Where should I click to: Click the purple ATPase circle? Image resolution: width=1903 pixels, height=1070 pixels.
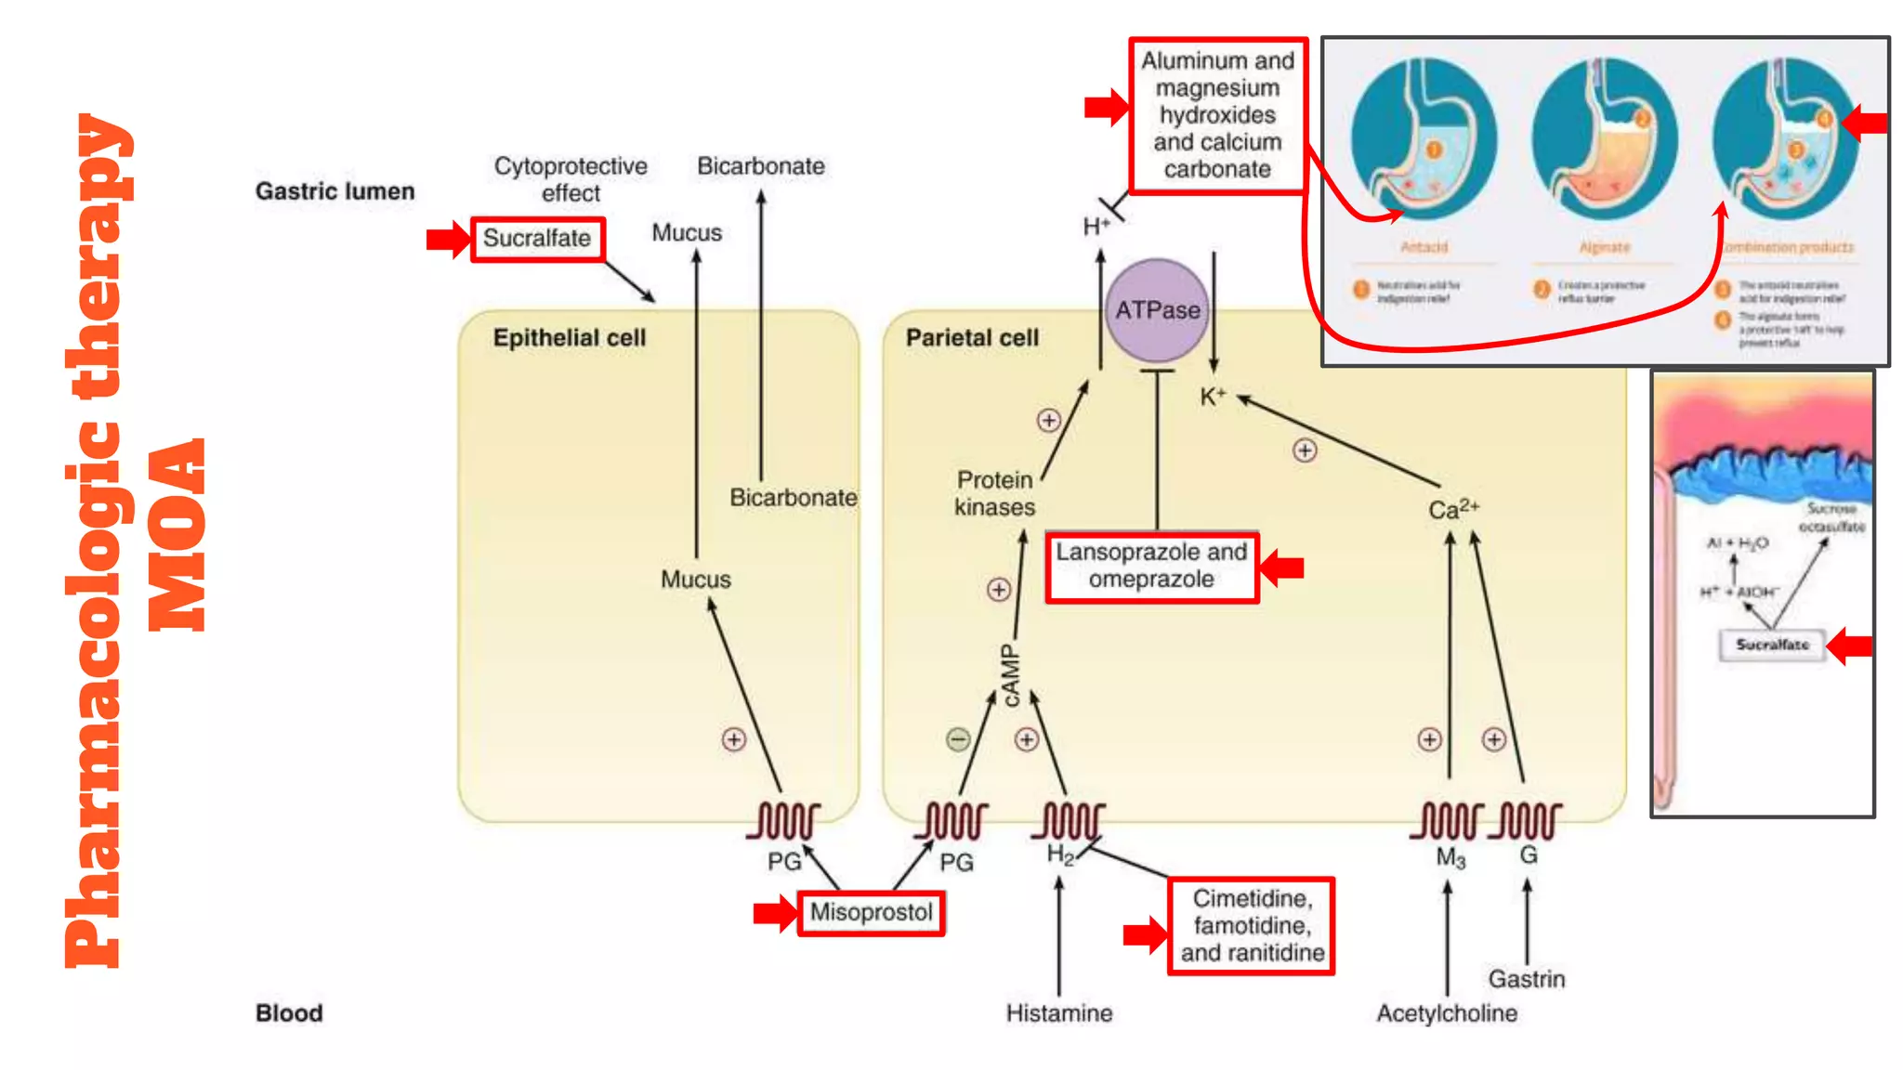pos(1157,310)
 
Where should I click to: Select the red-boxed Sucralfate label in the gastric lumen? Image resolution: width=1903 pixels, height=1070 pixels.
pos(537,239)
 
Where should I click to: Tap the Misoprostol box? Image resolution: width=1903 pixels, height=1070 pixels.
pos(871,912)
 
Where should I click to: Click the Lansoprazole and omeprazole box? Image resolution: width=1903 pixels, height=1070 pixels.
pos(1151,567)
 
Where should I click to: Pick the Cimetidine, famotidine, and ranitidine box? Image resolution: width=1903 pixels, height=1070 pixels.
pos(1251,926)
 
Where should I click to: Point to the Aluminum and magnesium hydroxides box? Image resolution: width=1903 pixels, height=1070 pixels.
pos(1217,115)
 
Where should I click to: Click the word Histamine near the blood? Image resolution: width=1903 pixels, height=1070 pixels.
pos(1058,1013)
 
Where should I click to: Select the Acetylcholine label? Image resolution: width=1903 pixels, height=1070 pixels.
pos(1446,1013)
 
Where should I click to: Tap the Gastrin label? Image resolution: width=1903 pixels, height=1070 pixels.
pos(1526,979)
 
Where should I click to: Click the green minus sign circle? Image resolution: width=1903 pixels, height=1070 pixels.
pos(958,739)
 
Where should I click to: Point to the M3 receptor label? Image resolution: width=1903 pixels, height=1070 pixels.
pos(1450,857)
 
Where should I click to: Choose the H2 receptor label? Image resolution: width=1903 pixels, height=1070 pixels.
pos(1060,855)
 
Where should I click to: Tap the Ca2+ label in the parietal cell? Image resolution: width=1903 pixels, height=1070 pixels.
pos(1452,509)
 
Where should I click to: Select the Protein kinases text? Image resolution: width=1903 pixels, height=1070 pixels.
pos(994,493)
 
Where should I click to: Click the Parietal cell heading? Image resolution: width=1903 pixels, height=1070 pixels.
pos(972,338)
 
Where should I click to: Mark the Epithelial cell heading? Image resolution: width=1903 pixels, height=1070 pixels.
pos(569,338)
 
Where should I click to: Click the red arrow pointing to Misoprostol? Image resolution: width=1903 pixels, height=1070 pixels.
pos(775,912)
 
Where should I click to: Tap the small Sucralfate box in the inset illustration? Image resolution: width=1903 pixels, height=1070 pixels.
pos(1772,645)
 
